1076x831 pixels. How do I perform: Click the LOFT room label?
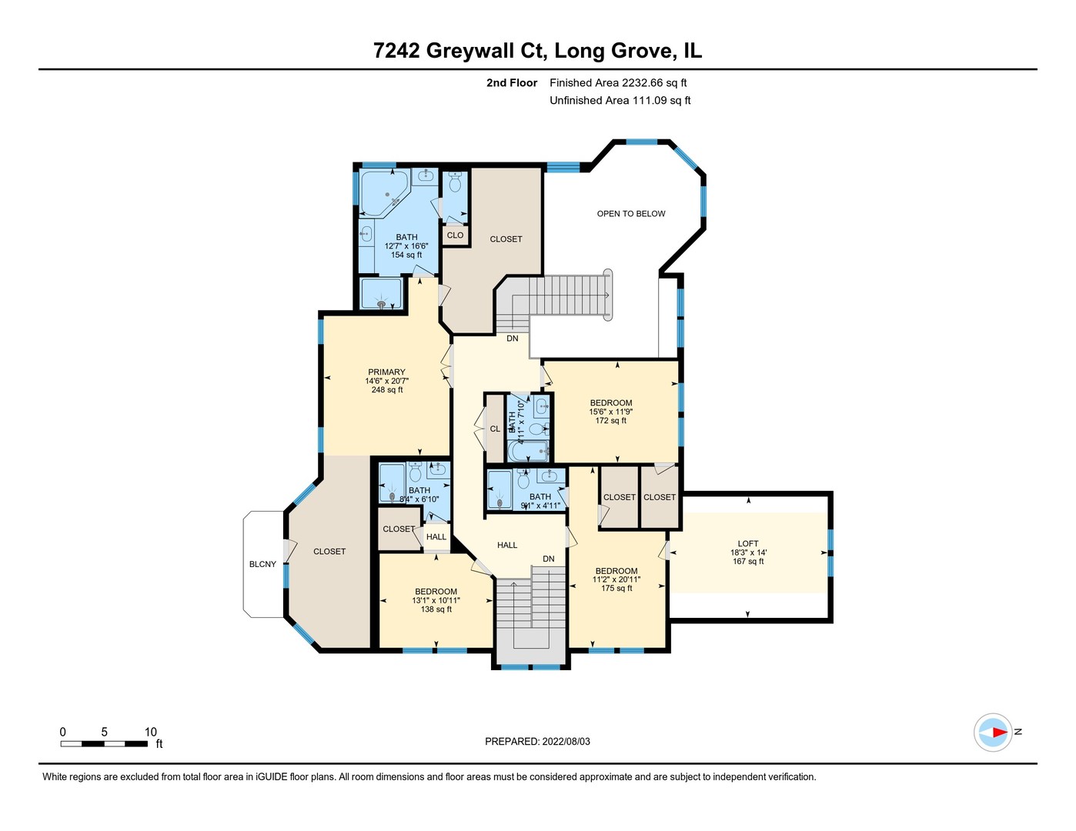click(747, 543)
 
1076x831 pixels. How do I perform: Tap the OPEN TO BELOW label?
click(630, 214)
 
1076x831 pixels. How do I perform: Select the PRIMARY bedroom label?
click(386, 372)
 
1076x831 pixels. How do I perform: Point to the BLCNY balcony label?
click(262, 564)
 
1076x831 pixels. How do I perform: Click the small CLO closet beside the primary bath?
click(455, 235)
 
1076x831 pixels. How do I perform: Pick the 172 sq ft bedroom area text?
click(611, 421)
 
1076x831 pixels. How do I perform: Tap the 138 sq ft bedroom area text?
click(436, 609)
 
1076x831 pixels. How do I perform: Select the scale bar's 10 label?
click(151, 732)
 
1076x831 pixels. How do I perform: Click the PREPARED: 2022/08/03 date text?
click(537, 742)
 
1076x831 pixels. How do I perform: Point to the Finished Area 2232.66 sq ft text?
click(618, 83)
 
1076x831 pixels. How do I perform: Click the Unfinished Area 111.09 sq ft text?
click(620, 101)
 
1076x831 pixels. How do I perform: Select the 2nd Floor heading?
click(511, 83)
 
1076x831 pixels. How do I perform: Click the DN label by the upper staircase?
click(513, 339)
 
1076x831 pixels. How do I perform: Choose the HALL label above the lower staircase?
click(507, 545)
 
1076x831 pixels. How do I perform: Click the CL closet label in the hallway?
click(495, 429)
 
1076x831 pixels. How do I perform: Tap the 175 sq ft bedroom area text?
click(616, 589)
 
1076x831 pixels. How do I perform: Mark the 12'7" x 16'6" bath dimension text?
click(406, 246)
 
